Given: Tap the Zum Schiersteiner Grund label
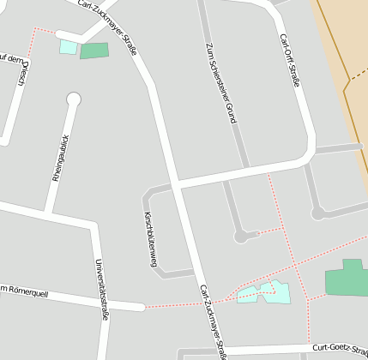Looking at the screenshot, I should click(x=220, y=83).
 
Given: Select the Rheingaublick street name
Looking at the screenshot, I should click(x=59, y=158).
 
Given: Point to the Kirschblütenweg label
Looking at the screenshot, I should click(x=149, y=239).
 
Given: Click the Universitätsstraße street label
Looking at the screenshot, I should click(x=102, y=289).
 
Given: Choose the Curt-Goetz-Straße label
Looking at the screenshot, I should click(x=339, y=347).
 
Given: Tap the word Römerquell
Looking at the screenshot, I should click(x=26, y=291).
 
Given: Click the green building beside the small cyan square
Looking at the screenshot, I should click(x=94, y=51).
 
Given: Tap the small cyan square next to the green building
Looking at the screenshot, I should click(x=68, y=47).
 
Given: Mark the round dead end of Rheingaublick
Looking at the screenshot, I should click(x=73, y=99).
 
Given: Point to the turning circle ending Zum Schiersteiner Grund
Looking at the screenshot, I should click(x=241, y=237).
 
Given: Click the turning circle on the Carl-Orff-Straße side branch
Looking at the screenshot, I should click(x=318, y=213).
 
